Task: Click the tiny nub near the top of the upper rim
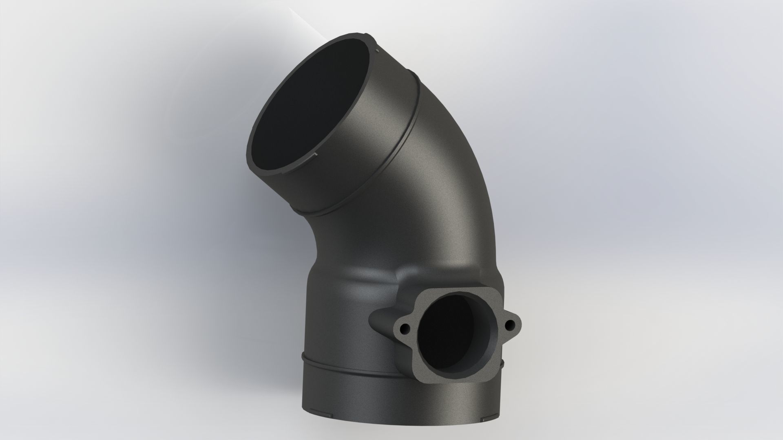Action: [x=378, y=51]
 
